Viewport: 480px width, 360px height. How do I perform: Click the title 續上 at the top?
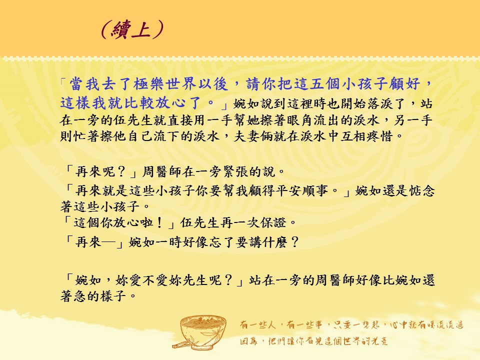(131, 29)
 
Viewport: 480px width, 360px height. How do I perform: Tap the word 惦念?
(422, 191)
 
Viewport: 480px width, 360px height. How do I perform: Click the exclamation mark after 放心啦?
(159, 222)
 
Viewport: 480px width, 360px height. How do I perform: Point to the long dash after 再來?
(108, 242)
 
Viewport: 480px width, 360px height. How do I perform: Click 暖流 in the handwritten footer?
(434, 325)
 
